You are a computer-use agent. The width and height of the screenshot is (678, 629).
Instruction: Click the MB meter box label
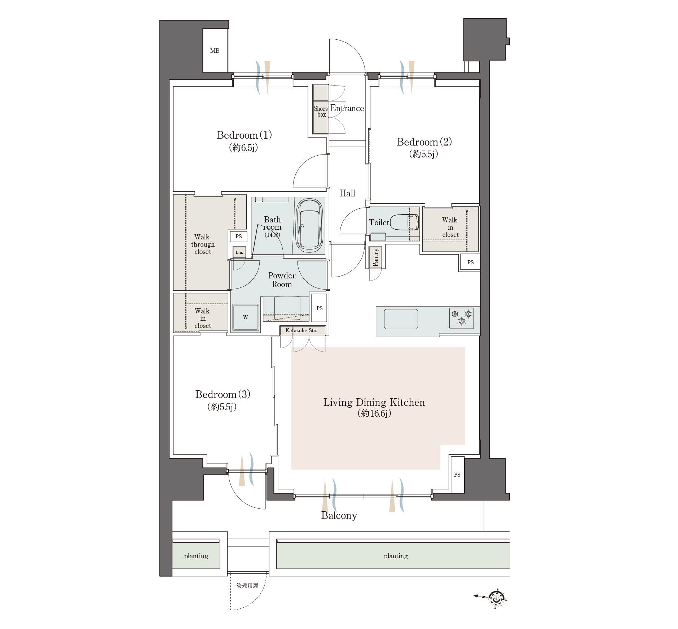coord(215,51)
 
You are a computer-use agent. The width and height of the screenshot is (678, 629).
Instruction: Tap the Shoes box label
coord(321,111)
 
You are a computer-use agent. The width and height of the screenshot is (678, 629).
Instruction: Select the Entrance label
coord(347,108)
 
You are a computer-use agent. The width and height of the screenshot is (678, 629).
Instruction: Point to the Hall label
coord(347,193)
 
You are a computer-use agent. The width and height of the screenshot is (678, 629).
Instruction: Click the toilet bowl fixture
coord(404,222)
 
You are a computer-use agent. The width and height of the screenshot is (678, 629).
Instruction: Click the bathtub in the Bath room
coord(309,226)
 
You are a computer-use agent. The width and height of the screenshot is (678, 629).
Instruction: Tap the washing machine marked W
coord(246,317)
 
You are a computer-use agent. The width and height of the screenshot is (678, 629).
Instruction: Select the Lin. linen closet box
coord(239,252)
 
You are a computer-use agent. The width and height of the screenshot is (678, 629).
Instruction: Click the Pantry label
coord(375,257)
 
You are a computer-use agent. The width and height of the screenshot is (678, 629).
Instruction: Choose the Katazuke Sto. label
coord(301,330)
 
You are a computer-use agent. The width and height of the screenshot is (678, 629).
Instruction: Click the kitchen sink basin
coord(401,319)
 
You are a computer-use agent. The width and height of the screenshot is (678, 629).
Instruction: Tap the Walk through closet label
coord(203,244)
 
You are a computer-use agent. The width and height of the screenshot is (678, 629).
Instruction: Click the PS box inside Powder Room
coord(319,308)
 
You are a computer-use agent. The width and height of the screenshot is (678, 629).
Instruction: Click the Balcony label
coord(339,516)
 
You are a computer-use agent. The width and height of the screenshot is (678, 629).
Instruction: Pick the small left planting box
coord(196,556)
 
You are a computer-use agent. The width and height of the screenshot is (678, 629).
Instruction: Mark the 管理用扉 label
coord(247,586)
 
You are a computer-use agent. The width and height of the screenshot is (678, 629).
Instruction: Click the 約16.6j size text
coord(374,413)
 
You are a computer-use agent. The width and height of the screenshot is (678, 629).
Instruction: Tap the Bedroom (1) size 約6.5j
coord(243,147)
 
